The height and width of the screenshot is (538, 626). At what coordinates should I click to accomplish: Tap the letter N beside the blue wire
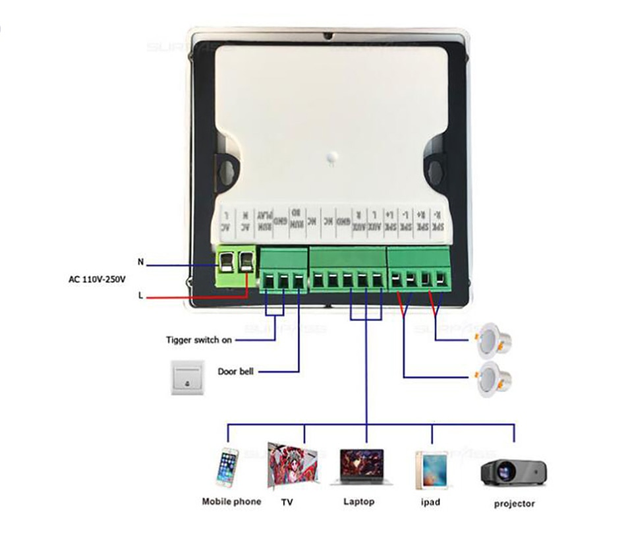point(140,262)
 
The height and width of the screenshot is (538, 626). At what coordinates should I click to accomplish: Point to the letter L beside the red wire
point(140,295)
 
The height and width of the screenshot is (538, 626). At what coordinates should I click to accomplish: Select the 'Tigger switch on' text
point(198,340)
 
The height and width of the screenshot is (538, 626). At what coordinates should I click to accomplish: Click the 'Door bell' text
point(235,371)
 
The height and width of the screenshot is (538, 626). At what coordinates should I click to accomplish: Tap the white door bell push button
point(189,378)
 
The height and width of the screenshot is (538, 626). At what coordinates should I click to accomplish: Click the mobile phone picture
point(229,467)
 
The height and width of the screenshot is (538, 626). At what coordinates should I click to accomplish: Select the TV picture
point(293,464)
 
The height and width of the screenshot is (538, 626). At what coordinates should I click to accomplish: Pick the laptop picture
point(361,467)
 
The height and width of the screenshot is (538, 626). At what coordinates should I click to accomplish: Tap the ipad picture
point(431,469)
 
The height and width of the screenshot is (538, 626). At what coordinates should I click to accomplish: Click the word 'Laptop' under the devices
point(358,502)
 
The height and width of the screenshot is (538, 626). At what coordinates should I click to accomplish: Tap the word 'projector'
point(514,504)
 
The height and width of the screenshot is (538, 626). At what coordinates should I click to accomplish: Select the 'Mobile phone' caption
point(231,502)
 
